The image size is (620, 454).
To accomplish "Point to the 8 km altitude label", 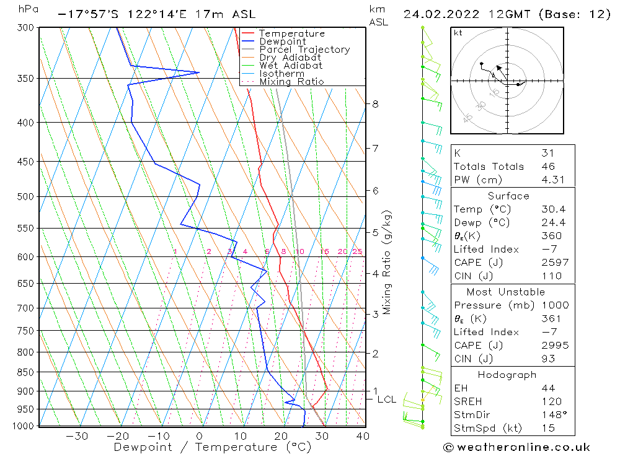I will click(375, 104).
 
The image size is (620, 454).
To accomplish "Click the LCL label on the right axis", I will click(386, 399).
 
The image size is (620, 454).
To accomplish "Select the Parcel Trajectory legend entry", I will click(304, 50).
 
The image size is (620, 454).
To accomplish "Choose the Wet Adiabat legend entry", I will click(290, 66).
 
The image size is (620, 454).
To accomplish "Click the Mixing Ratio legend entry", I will click(291, 82).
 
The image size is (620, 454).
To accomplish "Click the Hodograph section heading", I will click(507, 375).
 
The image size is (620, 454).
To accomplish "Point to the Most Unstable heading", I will click(506, 292).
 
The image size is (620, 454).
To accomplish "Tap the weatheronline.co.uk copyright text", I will click(516, 447).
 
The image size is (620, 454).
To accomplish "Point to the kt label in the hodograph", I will click(458, 33).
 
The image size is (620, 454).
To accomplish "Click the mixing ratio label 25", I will click(357, 251).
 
